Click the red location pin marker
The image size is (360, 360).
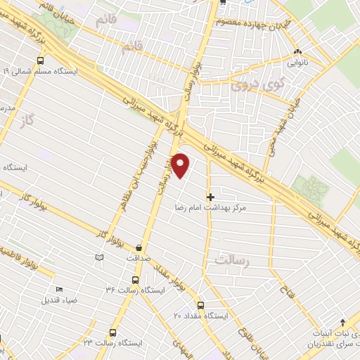coord(181,165)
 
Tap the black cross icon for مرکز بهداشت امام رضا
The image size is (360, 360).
coord(210,196)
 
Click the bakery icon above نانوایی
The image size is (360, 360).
coord(297,51)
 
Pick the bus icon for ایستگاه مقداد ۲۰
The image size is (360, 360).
coord(200,305)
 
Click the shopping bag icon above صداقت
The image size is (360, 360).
coord(139,247)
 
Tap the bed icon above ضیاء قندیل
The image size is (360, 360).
coord(60,290)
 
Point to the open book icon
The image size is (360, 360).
coord(98,258)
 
